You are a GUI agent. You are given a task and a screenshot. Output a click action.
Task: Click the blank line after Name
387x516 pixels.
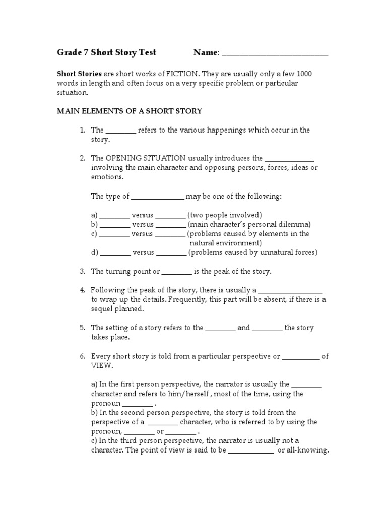point(275,54)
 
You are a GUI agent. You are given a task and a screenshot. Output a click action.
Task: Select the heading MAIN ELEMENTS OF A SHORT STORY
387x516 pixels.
point(129,111)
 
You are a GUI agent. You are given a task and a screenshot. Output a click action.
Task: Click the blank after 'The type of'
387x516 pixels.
point(158,197)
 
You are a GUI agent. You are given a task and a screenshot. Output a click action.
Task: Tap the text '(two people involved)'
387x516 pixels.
point(225,215)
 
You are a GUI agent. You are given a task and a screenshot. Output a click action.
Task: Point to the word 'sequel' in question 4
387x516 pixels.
point(103,309)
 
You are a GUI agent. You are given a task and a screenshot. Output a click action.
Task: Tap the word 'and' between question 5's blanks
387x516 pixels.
point(243,328)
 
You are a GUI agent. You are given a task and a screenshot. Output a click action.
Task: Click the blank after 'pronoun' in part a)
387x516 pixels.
point(138,404)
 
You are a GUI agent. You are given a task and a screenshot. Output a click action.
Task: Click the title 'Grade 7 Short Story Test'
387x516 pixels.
point(106,52)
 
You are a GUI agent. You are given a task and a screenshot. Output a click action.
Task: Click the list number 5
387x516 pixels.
point(82,328)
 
